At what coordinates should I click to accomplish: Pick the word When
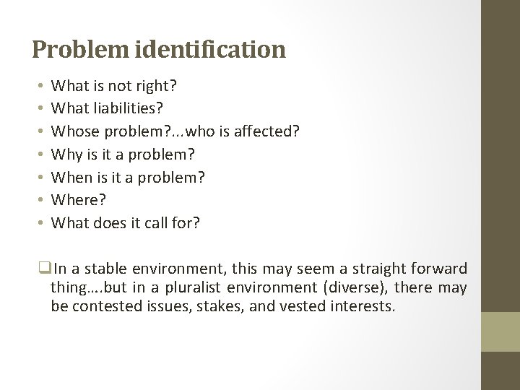pos(71,177)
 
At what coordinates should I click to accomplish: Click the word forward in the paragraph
pos(441,269)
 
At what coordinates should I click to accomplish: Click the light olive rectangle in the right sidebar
pos(500,331)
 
